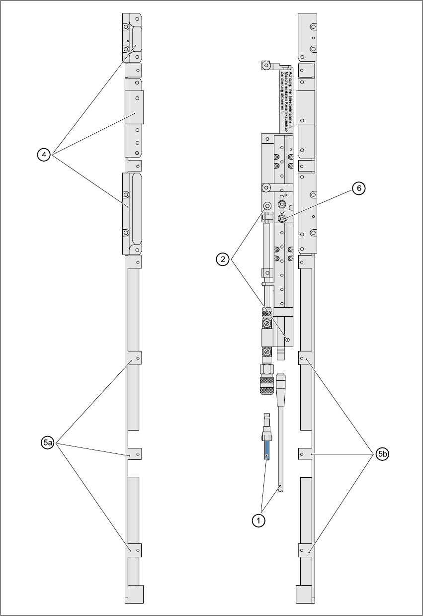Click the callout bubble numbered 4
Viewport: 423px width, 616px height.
pyautogui.click(x=44, y=155)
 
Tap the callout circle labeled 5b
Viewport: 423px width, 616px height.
pyautogui.click(x=382, y=453)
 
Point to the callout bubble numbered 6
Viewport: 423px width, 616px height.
pyautogui.click(x=359, y=189)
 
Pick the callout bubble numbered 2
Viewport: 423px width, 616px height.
pyautogui.click(x=223, y=259)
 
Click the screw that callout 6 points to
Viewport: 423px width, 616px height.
pyautogui.click(x=282, y=219)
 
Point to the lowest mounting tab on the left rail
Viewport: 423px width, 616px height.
pyautogui.click(x=134, y=550)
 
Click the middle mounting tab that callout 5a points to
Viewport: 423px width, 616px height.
pyautogui.click(x=134, y=454)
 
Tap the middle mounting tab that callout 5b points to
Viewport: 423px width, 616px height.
pyautogui.click(x=305, y=454)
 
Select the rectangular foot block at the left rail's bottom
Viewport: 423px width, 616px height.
pyautogui.click(x=135, y=594)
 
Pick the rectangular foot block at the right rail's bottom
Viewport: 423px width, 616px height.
pyautogui.click(x=304, y=594)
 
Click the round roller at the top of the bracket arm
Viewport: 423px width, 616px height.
pyautogui.click(x=266, y=65)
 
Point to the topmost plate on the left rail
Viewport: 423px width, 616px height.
pyautogui.click(x=133, y=37)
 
